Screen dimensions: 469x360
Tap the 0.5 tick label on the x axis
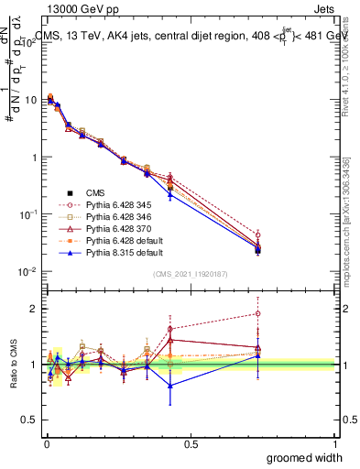[x=191, y=442]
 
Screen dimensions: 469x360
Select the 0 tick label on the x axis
[x=46, y=442]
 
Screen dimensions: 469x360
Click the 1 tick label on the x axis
[x=334, y=442]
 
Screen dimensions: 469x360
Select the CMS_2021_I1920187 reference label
[x=190, y=275]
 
